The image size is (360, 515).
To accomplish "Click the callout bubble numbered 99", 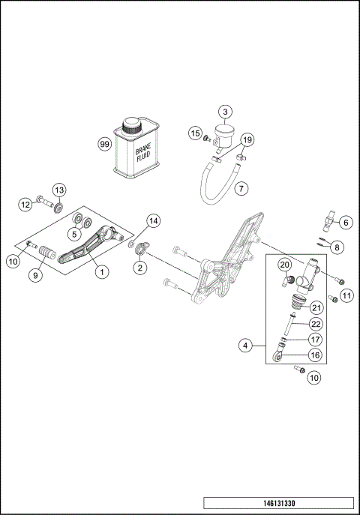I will click(104, 144).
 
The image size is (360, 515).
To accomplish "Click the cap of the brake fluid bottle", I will click(134, 123).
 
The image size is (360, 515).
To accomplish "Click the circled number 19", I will click(247, 139).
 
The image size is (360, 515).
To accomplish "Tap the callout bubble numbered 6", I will click(345, 222).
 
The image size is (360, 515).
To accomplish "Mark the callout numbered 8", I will click(337, 247).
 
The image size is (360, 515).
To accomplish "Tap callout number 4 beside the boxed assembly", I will click(244, 346).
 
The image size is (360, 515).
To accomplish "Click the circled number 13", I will click(58, 189).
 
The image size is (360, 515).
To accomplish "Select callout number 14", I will click(153, 220).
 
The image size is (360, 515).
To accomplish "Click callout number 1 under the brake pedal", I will click(100, 272).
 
